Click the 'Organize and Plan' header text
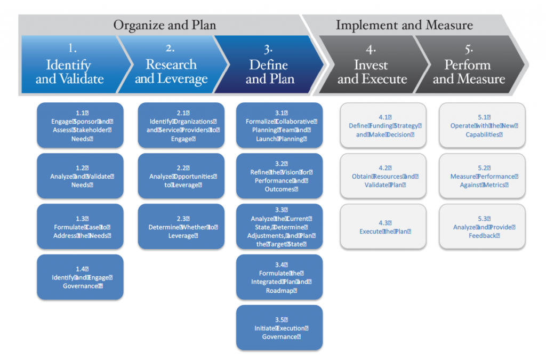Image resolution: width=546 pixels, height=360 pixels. [x=164, y=25]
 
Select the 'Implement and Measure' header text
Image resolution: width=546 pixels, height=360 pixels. [x=404, y=25]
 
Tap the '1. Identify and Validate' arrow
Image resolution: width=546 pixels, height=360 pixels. [x=69, y=66]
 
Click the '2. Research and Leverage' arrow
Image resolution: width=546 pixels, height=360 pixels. [x=171, y=66]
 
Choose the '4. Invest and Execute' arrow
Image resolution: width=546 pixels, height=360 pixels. [x=372, y=66]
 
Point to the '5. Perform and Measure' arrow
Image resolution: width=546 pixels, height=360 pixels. [x=468, y=66]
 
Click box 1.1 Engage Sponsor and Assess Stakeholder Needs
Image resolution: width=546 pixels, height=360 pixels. [x=80, y=125]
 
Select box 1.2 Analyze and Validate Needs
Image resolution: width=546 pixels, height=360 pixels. [x=80, y=176]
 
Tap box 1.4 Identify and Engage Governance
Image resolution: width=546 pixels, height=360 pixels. [x=80, y=277]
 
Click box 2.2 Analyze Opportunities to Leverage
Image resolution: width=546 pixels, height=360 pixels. [x=181, y=176]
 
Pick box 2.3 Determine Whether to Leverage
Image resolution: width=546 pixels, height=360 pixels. [x=181, y=227]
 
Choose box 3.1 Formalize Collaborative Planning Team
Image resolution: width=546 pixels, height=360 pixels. [x=279, y=125]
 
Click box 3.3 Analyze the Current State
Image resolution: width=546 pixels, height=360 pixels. [x=279, y=227]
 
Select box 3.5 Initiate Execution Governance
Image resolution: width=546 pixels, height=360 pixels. [x=279, y=327]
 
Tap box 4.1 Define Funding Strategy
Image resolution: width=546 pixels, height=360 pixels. [x=383, y=125]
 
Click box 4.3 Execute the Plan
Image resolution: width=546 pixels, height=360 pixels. [x=383, y=227]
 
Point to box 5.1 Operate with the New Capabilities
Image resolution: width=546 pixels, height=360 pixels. [x=482, y=125]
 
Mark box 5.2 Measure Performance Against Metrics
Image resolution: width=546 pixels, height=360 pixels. [x=482, y=176]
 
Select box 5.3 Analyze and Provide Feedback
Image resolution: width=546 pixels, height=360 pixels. [x=482, y=227]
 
